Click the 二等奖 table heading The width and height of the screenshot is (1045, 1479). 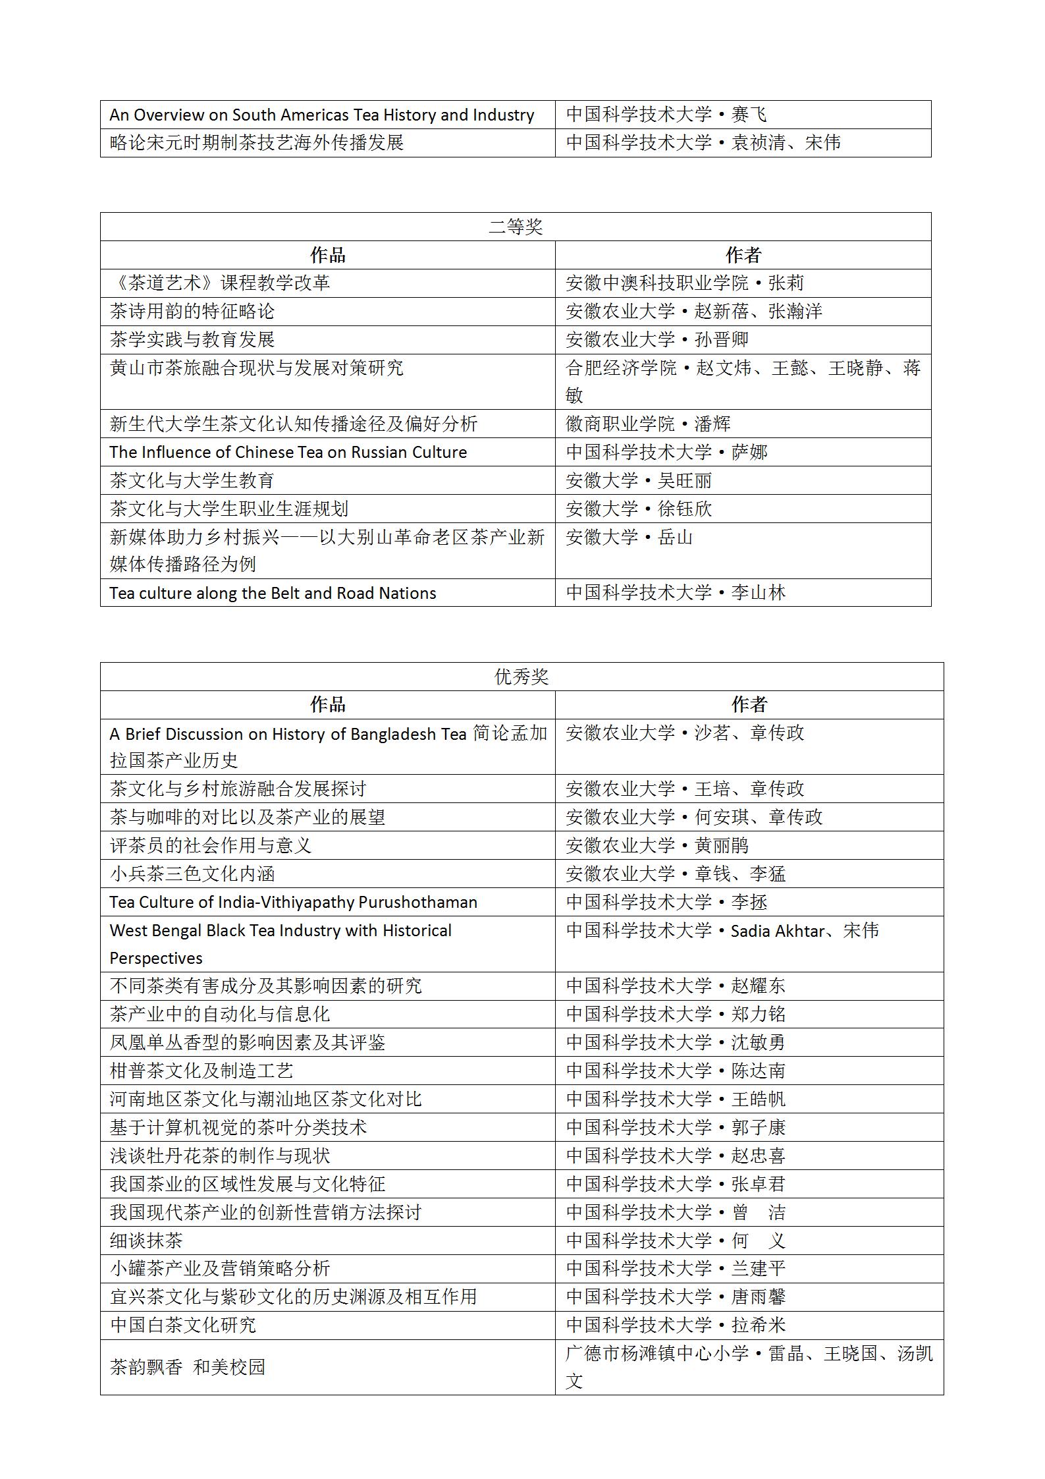[x=516, y=227]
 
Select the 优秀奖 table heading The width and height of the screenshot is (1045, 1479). [x=522, y=677]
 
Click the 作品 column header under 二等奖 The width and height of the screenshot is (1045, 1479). [x=327, y=256]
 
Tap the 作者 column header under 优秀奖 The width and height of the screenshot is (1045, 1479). [x=749, y=705]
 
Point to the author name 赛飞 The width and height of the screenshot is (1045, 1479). [x=749, y=115]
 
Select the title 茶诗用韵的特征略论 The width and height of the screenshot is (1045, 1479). [x=192, y=311]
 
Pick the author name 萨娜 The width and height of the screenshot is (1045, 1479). [x=749, y=453]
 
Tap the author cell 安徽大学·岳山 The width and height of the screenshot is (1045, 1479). [x=629, y=538]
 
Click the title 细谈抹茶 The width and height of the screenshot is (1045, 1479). [x=146, y=1241]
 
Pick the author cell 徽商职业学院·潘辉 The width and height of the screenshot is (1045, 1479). [x=648, y=424]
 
